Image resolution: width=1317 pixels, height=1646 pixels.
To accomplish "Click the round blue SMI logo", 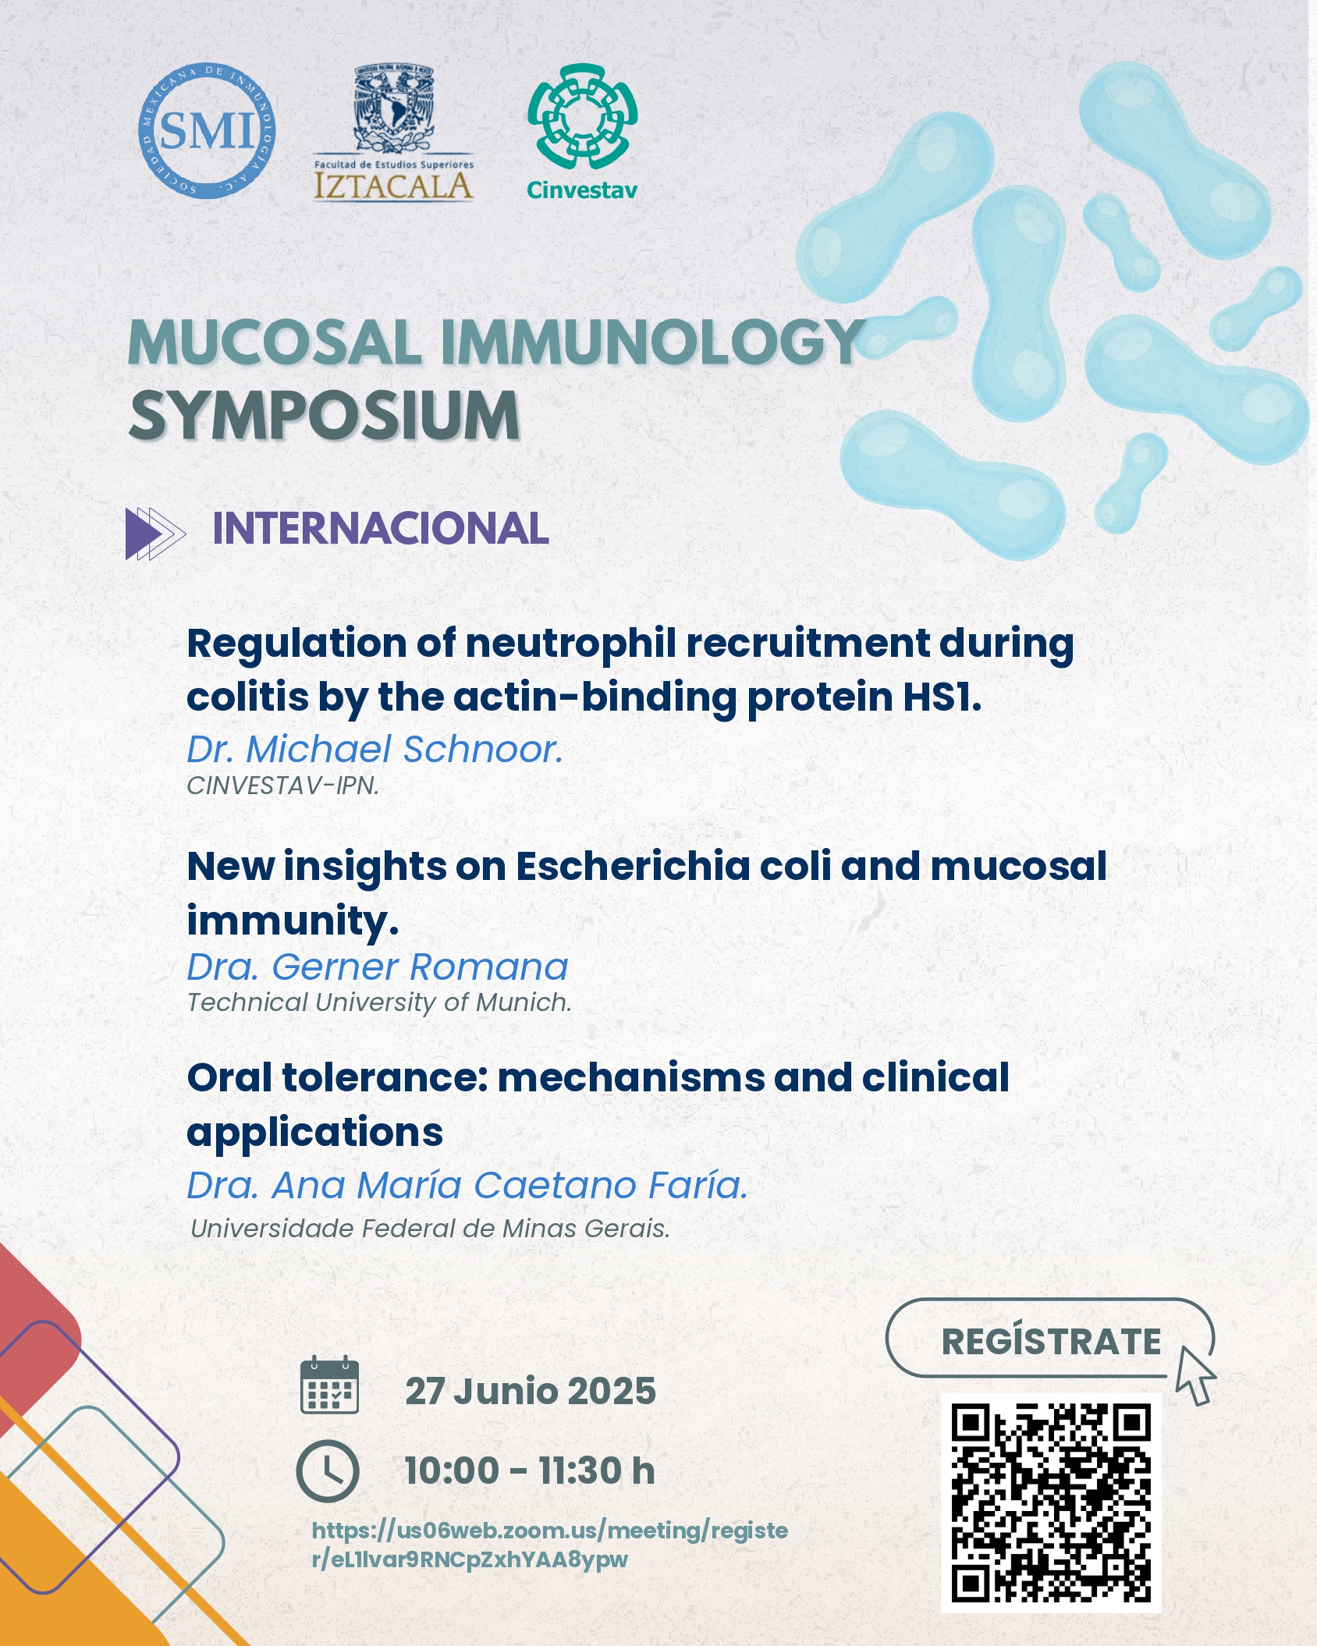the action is pos(207,130).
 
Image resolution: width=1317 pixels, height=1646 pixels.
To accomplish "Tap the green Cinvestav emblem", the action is pos(582,116).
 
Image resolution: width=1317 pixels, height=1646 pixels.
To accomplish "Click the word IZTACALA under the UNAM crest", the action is pos(393,186).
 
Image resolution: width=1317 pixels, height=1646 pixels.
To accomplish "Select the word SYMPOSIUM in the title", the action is pos(324,416).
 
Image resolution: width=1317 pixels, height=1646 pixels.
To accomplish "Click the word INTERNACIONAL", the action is pos(381,528).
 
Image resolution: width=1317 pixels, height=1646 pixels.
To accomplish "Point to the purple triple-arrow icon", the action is pos(155,534).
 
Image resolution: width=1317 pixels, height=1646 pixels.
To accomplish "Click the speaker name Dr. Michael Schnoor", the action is pos(375,749).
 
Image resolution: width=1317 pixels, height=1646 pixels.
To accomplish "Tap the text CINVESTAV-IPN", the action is pos(282,786).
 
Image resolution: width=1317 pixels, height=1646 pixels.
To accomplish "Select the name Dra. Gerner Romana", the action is pos(378,967).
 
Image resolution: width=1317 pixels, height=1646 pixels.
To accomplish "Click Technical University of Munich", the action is pos(379,1002).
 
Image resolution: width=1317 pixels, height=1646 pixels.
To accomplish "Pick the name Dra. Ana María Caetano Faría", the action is pos(467,1186).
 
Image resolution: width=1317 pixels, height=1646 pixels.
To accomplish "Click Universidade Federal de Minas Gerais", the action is pos(430,1229).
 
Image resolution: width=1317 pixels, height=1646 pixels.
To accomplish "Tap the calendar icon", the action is pos(330,1385).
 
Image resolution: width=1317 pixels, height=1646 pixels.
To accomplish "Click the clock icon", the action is pos(328,1471).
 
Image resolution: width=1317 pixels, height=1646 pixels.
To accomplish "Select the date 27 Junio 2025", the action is pos(531,1391).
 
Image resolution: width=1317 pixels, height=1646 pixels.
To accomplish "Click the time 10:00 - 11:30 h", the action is pos(530,1470).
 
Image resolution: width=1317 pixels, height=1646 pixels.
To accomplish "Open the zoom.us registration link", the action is pos(550,1545).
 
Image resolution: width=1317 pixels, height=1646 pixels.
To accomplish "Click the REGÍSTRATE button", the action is pos(1050,1338).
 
